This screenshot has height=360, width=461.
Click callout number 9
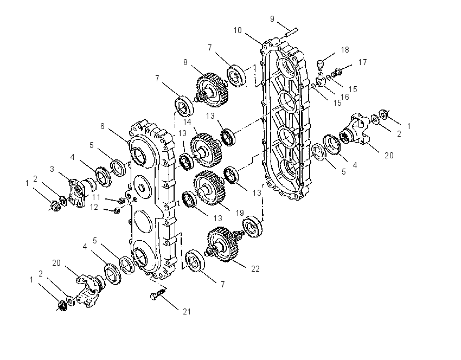[272, 19]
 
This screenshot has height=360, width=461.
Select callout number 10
[238, 30]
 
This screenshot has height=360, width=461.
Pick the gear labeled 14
[206, 150]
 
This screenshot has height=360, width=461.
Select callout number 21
[187, 312]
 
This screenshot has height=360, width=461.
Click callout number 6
[103, 126]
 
